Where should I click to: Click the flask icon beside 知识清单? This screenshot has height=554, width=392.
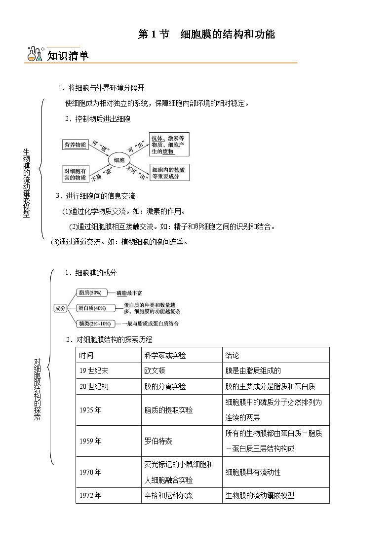(x=34, y=54)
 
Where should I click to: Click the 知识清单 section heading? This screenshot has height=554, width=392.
(x=68, y=56)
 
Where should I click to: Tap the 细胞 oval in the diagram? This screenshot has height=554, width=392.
(x=119, y=160)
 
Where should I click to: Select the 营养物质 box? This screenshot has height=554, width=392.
(x=75, y=145)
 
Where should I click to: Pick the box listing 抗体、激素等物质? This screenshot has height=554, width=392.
(x=169, y=145)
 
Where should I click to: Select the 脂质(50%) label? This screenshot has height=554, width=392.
(x=90, y=293)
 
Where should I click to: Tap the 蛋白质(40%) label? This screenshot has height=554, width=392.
(x=92, y=308)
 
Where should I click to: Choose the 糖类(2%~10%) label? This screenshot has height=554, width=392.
(x=94, y=324)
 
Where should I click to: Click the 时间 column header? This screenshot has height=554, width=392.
(x=86, y=355)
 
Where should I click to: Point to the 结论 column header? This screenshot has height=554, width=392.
(x=232, y=355)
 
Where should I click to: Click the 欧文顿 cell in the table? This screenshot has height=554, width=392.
(x=154, y=371)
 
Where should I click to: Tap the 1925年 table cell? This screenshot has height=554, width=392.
(x=90, y=410)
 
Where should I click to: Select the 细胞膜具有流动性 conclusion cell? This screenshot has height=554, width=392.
(x=253, y=472)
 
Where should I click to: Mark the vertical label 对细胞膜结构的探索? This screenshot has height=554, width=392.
(x=38, y=389)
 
